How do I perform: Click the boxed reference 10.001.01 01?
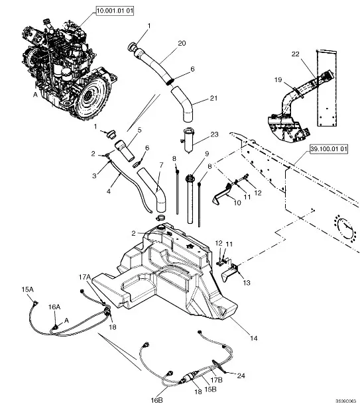115,11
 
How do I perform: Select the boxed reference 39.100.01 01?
329,149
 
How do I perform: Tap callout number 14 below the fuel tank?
254,338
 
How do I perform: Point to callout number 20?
182,43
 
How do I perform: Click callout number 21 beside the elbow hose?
213,98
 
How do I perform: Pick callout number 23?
214,134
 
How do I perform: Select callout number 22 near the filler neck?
296,54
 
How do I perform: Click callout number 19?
278,79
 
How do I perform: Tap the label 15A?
27,289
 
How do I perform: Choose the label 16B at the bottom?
157,400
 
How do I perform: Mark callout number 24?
241,375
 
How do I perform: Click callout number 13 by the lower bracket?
247,283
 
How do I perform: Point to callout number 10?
237,203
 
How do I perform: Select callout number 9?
207,154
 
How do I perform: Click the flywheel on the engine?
91,94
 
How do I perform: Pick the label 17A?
85,277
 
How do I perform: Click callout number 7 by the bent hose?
162,165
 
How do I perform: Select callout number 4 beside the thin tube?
109,191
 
